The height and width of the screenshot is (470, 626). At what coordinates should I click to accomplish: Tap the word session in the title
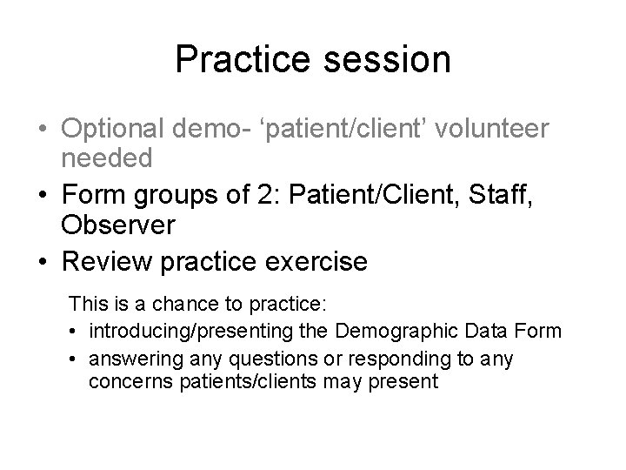tap(381, 59)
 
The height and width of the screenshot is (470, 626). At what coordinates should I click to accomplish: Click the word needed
tap(107, 158)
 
